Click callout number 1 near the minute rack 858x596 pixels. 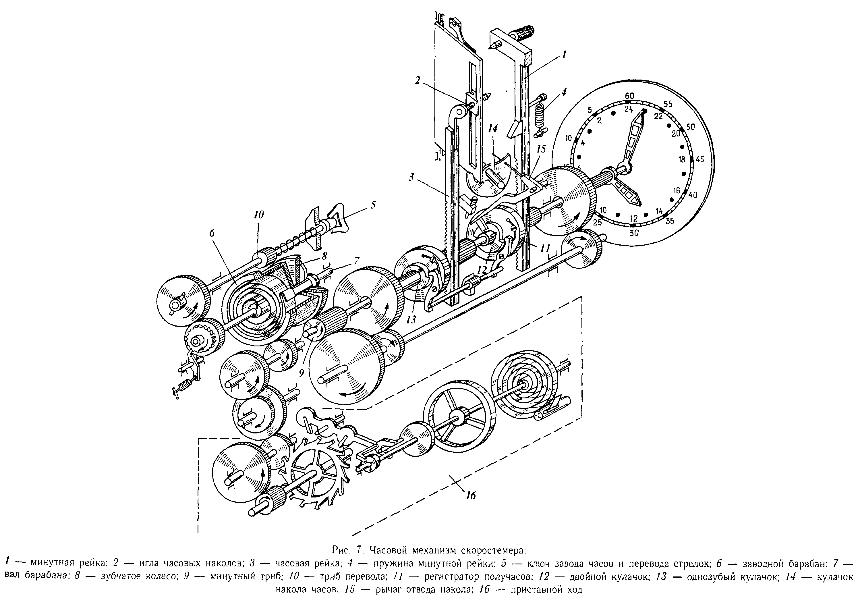(x=563, y=55)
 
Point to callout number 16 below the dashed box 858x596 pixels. (x=471, y=495)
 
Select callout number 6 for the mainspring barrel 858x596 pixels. (x=212, y=233)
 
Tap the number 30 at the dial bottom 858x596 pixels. (x=634, y=233)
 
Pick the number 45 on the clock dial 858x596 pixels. (x=699, y=159)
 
